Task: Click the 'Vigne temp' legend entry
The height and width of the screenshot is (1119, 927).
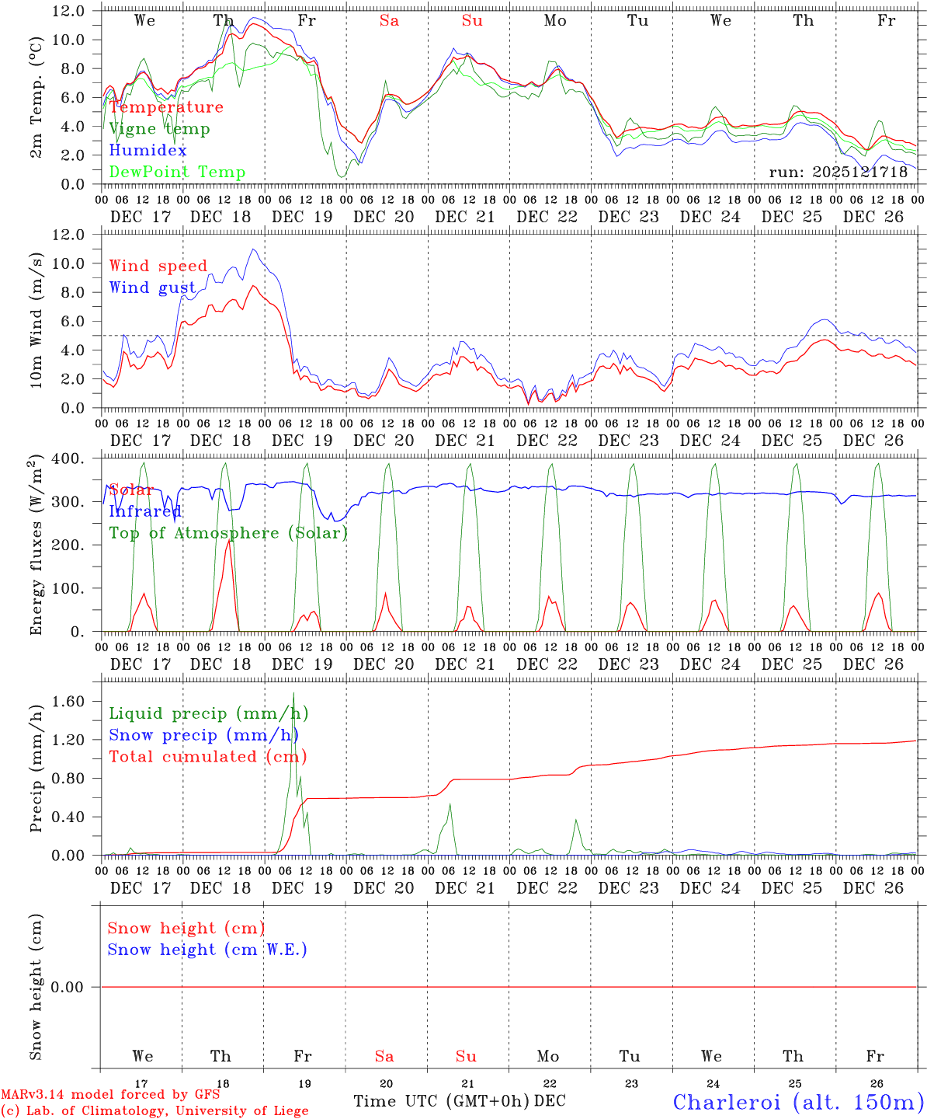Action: tap(159, 129)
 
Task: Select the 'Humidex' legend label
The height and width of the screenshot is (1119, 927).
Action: tap(148, 151)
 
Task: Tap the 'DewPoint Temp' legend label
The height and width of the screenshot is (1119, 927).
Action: tap(177, 173)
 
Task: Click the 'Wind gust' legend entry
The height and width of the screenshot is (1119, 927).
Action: tap(152, 288)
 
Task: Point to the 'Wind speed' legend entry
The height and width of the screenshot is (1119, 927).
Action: tap(158, 267)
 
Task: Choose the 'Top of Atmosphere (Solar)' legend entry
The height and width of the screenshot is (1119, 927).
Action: tap(228, 533)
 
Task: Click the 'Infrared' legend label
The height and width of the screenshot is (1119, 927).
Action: tap(145, 511)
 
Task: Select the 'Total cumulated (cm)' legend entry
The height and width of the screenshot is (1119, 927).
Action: tap(208, 757)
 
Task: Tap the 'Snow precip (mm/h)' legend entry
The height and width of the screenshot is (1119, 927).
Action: tap(204, 735)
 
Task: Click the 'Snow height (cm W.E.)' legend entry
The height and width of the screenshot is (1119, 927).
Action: tap(207, 950)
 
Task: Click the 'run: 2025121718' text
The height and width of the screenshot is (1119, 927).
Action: tap(838, 173)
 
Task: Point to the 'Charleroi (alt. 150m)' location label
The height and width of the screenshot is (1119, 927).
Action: tap(799, 1101)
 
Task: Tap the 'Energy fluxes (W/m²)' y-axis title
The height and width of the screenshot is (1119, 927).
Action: tap(36, 546)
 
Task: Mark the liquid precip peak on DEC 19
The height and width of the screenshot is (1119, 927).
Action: tap(293, 693)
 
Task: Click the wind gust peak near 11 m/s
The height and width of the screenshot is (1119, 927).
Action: tap(253, 249)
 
